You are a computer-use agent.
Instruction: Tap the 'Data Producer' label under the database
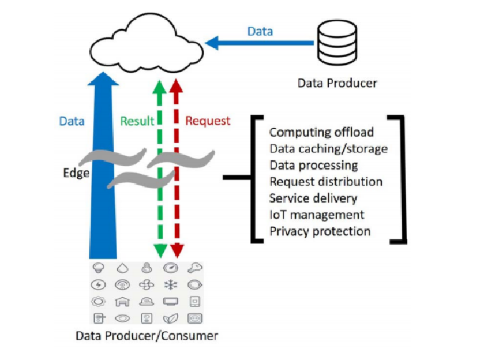(337, 83)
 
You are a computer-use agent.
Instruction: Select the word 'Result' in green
(137, 121)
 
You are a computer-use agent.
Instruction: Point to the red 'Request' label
(208, 121)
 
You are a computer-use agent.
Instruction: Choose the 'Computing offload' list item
(321, 132)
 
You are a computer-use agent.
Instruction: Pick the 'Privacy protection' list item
(320, 231)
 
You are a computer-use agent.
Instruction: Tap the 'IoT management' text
(317, 215)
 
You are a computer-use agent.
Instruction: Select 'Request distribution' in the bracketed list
(326, 182)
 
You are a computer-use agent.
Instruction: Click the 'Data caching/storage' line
(328, 149)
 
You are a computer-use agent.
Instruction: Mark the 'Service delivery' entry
(313, 198)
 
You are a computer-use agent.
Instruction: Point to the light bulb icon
(99, 268)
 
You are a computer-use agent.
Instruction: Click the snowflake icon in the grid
(171, 284)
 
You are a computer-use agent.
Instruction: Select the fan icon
(147, 284)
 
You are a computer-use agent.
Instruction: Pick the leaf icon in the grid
(171, 318)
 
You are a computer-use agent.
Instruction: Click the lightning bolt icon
(99, 284)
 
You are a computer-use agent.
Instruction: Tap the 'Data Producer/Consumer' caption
(147, 336)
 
